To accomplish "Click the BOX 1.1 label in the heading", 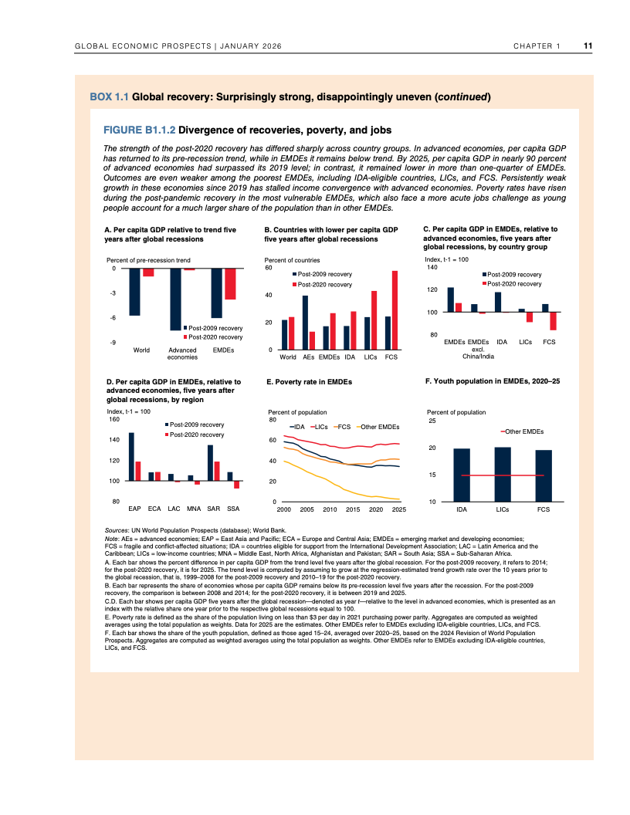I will [x=110, y=98].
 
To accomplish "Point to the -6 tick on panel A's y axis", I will [x=113, y=318].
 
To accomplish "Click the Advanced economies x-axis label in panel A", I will [x=182, y=354].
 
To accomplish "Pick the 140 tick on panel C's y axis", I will [x=432, y=267].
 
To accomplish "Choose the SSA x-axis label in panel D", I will [x=234, y=509].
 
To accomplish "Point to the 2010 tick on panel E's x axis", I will [x=330, y=510].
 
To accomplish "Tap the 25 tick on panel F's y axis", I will [x=432, y=421].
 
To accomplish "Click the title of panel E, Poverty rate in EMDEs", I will [x=309, y=382].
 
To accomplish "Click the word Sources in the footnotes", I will [x=117, y=532].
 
